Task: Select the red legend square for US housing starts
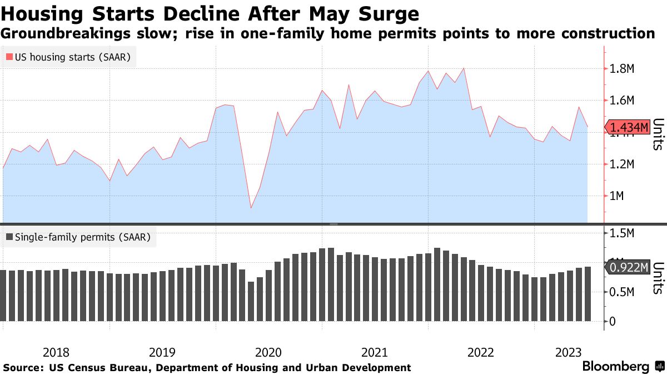[x=9, y=57]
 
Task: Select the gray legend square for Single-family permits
[x=9, y=237]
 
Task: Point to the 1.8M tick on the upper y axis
[x=623, y=69]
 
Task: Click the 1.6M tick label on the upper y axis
[x=623, y=101]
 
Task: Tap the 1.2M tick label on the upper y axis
[x=623, y=164]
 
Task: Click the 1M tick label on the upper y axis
[x=618, y=196]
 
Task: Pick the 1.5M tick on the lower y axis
[x=623, y=233]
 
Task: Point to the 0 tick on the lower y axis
[x=613, y=322]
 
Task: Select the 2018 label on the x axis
[x=56, y=352]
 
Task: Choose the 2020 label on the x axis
[x=268, y=352]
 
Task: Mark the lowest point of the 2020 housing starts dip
[x=251, y=208]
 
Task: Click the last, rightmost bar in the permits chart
[x=588, y=294]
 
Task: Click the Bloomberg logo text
[x=615, y=367]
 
